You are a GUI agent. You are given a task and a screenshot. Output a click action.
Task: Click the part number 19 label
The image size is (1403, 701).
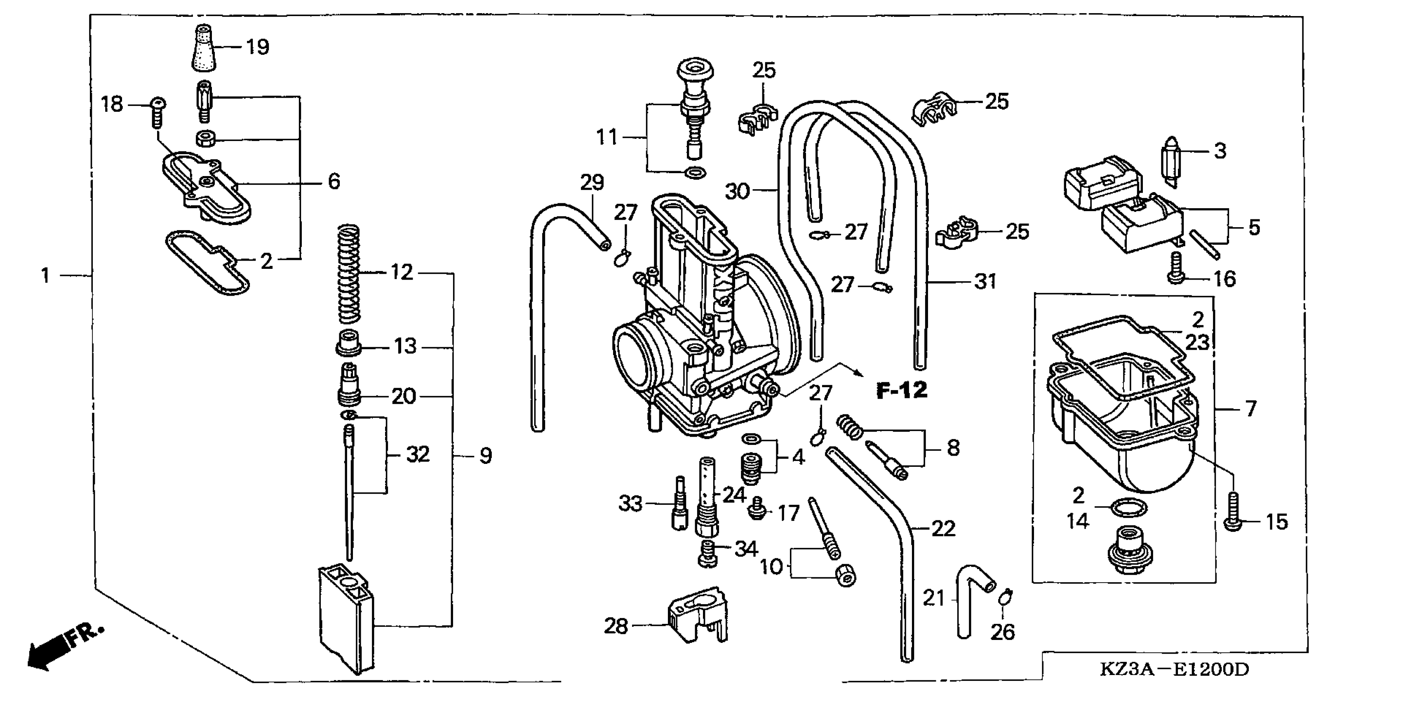[x=258, y=47]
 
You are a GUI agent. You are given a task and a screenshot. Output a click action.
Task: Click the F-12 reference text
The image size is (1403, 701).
[x=901, y=390]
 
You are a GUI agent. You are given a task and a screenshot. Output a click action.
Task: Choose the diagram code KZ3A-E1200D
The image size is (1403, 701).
[x=1174, y=669]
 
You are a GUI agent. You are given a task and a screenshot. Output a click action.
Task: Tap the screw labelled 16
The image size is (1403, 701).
[x=1176, y=268]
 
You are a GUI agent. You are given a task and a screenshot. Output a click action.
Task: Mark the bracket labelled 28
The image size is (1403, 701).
[x=698, y=616]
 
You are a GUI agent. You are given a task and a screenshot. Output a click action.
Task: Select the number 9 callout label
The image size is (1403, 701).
[x=486, y=455]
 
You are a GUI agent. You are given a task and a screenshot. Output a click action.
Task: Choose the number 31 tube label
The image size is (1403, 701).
[x=985, y=282]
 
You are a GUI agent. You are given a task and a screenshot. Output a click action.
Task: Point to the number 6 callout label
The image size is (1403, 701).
[x=334, y=181]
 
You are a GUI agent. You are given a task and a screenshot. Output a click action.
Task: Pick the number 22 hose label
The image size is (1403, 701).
[x=943, y=528]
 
